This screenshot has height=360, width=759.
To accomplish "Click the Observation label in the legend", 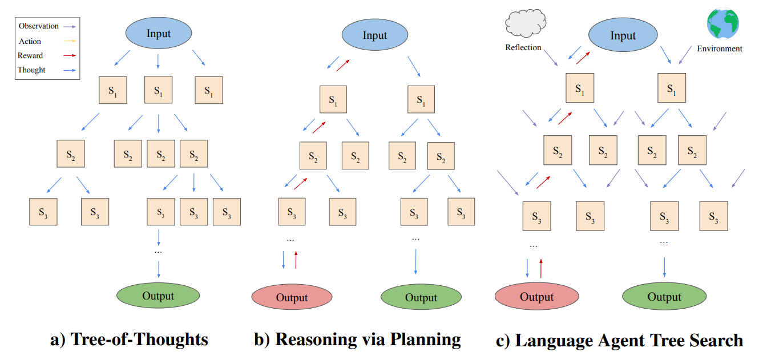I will tap(39, 26).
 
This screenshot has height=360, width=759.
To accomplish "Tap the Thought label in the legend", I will tap(31, 70).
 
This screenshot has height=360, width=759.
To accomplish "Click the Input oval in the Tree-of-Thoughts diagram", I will tap(158, 34).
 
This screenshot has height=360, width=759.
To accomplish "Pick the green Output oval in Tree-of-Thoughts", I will tap(158, 296).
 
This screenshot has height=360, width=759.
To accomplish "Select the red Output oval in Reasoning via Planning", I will tap(292, 297).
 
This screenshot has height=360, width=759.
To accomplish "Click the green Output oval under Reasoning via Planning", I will tap(421, 297).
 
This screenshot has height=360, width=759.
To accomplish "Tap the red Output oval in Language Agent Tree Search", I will tap(536, 297).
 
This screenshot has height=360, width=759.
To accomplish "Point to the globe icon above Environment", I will tap(722, 23).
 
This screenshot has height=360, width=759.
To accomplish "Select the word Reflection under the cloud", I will tap(523, 47).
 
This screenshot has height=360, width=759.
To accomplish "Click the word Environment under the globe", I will tap(720, 48).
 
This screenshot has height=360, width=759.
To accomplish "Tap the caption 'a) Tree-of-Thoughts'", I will tap(130, 340).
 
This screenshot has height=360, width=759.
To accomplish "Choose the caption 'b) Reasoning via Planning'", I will tap(357, 340).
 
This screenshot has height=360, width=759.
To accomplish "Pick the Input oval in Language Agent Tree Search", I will tap(623, 35).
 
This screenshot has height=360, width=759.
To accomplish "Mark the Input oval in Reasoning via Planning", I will tap(375, 35).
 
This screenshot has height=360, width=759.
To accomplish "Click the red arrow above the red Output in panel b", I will tap(296, 260).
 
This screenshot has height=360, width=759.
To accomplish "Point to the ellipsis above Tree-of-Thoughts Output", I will tap(158, 251).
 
